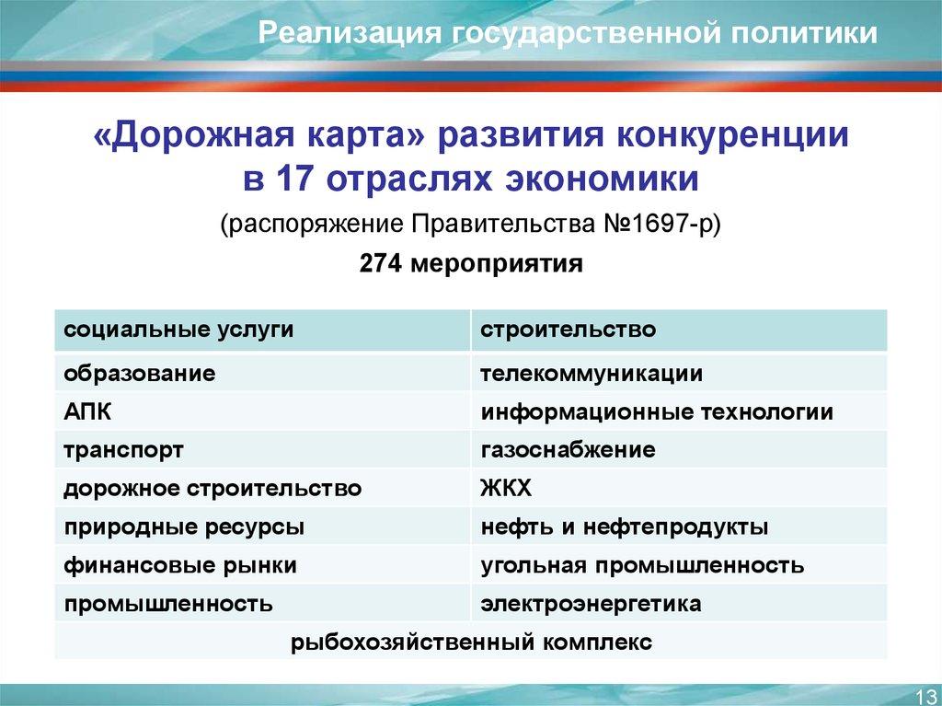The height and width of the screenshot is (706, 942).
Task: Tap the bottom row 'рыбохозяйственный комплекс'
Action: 471,642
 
